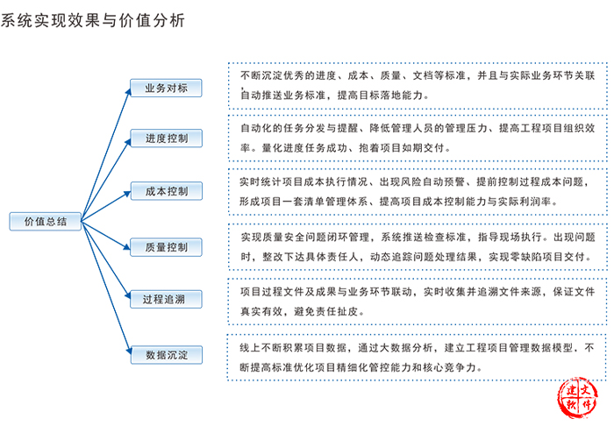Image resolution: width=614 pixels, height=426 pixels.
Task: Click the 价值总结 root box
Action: (x=46, y=222)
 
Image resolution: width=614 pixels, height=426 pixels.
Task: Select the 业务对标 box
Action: (x=166, y=88)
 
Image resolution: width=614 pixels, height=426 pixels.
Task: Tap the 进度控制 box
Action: (x=167, y=138)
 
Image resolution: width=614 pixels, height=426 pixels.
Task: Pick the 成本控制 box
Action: (x=167, y=191)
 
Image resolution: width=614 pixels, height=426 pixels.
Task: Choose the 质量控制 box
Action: (x=166, y=247)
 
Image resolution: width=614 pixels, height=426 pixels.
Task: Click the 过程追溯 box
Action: (x=166, y=299)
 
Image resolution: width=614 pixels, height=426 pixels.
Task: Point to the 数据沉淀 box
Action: (x=167, y=355)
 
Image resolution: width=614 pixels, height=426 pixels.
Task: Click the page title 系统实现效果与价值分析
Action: (x=92, y=20)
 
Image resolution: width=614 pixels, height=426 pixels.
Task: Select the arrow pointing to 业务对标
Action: (x=106, y=154)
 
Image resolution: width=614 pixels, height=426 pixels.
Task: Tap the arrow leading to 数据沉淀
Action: (x=106, y=288)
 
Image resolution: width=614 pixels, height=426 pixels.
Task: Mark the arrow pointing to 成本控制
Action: (x=106, y=206)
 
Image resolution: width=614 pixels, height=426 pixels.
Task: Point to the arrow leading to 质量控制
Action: (x=106, y=235)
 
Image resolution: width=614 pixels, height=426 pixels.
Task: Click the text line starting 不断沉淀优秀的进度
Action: (x=418, y=75)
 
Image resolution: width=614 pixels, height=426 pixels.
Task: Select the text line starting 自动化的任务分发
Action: (x=418, y=128)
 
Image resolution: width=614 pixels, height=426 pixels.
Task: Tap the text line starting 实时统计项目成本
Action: (x=415, y=182)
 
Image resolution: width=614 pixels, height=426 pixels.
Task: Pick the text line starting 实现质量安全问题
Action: (x=418, y=237)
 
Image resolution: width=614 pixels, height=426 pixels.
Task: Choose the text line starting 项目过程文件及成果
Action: (x=418, y=292)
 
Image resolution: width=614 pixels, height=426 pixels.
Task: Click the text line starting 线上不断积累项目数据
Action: (x=417, y=348)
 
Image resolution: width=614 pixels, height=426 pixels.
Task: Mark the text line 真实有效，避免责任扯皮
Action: (x=303, y=311)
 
